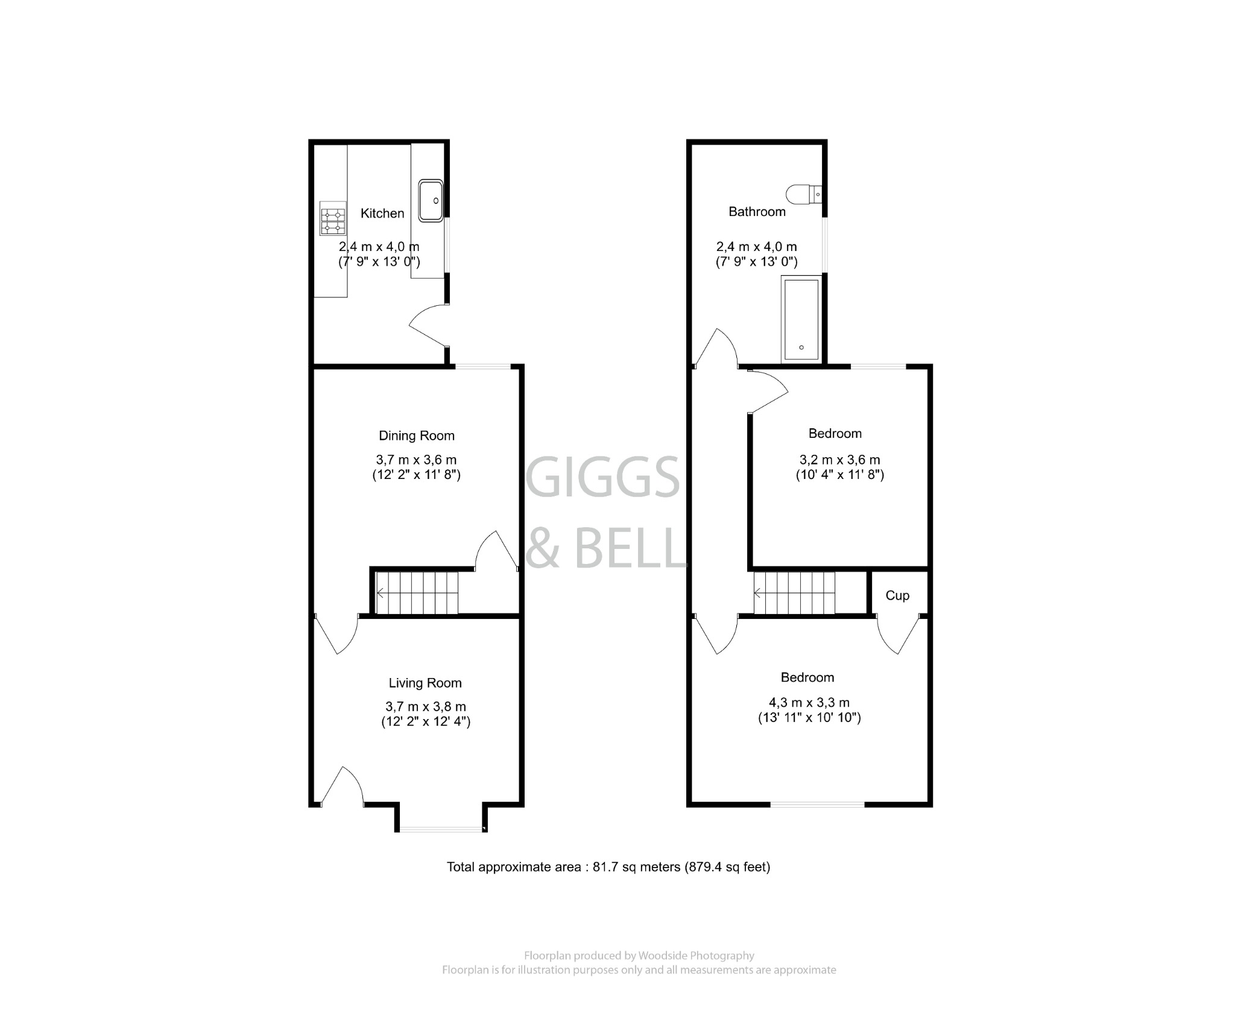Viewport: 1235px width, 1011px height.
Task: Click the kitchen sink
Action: pyautogui.click(x=431, y=200)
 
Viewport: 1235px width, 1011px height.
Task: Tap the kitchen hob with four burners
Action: pyautogui.click(x=333, y=218)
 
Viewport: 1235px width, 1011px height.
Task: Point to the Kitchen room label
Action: pyautogui.click(x=382, y=214)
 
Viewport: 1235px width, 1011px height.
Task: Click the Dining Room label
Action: pyautogui.click(x=416, y=436)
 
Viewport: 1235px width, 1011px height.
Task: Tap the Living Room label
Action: pyautogui.click(x=425, y=683)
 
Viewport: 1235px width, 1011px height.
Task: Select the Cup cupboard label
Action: pyautogui.click(x=897, y=595)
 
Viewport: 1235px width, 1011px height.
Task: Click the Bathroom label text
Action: pyautogui.click(x=757, y=212)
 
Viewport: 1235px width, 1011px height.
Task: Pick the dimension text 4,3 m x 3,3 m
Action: pyautogui.click(x=809, y=703)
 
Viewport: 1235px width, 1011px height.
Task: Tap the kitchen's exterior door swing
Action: pyautogui.click(x=428, y=326)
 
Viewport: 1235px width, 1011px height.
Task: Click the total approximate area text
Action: pyautogui.click(x=608, y=867)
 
